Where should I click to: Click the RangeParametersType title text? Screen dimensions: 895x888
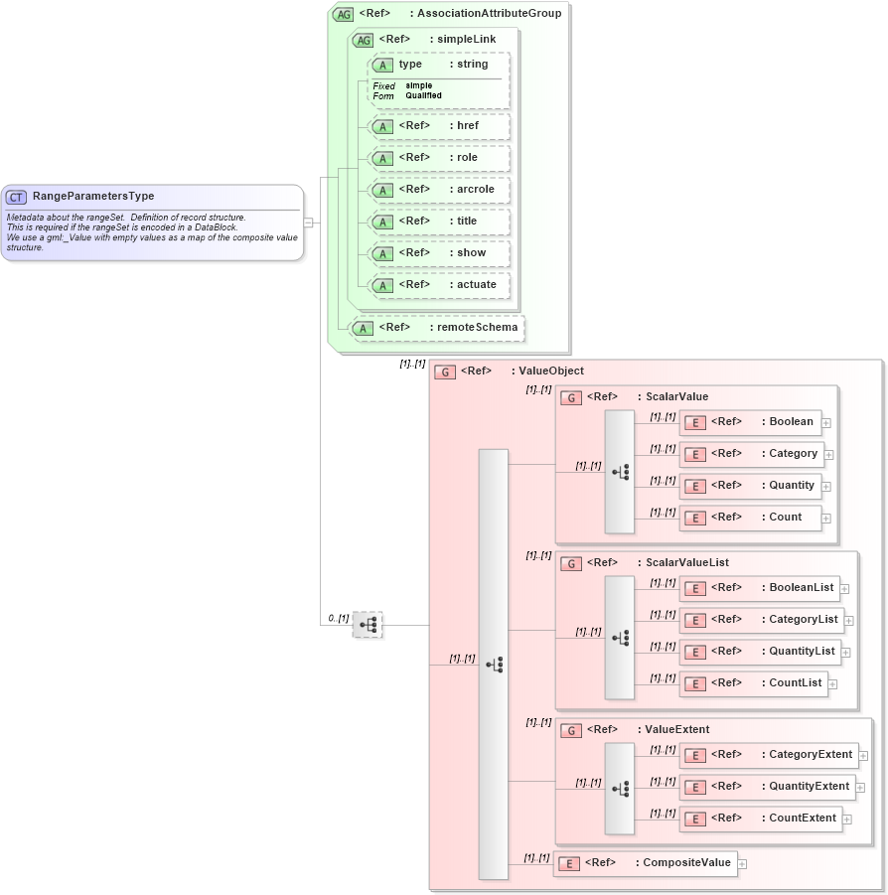pos(93,197)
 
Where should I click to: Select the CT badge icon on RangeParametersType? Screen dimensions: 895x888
pos(17,197)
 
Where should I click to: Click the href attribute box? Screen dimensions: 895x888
pos(438,126)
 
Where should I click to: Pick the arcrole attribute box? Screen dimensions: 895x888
pos(438,190)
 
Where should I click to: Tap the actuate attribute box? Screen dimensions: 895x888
pos(438,285)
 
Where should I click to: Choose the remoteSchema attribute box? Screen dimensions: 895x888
pos(437,328)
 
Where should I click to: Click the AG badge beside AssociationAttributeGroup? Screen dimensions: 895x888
pos(343,14)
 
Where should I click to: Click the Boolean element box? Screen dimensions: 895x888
pos(751,422)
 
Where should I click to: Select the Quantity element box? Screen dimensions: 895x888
pos(751,486)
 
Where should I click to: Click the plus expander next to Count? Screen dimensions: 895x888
pos(826,518)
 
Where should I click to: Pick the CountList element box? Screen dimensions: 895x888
pos(753,683)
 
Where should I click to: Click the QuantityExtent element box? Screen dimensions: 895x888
pos(767,787)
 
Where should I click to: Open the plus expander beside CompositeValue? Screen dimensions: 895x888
pos(742,863)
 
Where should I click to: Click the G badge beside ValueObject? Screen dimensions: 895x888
pos(444,372)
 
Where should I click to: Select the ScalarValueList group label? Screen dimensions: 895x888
pos(687,563)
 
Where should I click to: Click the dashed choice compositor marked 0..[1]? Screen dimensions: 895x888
pos(368,625)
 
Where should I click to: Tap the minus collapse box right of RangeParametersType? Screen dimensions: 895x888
pos(308,223)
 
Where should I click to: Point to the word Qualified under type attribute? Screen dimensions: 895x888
pos(423,96)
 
